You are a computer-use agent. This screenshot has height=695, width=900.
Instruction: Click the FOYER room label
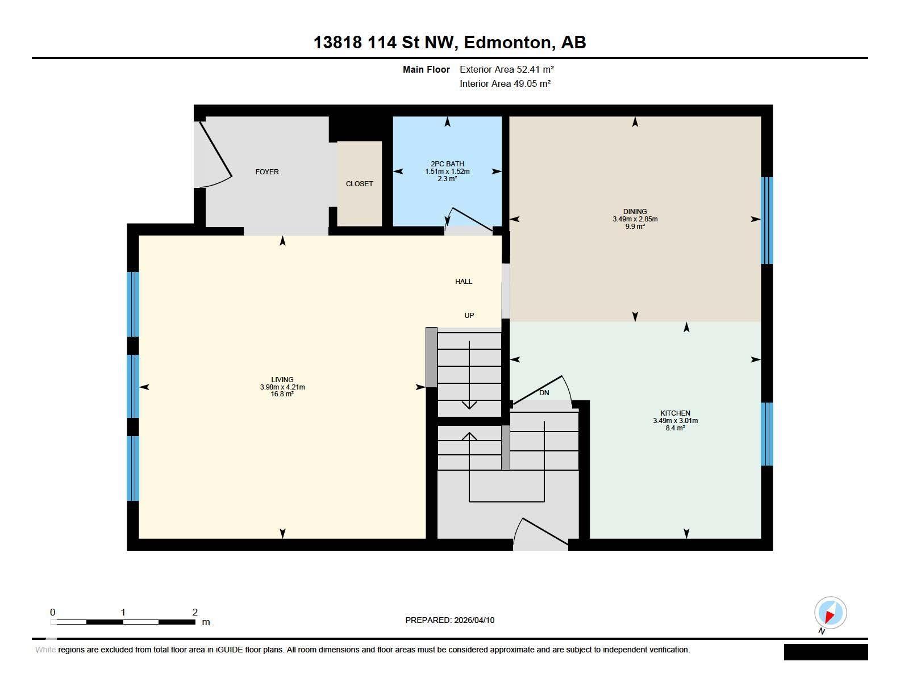266,172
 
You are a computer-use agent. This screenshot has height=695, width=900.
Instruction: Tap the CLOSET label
359,184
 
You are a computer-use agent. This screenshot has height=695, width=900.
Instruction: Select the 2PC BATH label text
447,164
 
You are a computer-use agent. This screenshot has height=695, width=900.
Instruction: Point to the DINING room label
635,212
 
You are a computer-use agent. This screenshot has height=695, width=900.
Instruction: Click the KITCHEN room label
674,413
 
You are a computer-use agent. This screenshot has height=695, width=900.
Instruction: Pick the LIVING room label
282,379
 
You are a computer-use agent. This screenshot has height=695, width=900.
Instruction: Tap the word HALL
464,282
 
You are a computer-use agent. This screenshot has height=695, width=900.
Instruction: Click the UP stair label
469,316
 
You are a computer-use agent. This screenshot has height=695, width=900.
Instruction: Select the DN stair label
544,393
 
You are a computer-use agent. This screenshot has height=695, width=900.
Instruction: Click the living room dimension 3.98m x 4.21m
282,387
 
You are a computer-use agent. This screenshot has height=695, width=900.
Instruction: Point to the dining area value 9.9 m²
635,227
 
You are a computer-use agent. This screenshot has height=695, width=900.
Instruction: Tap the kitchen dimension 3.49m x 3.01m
675,421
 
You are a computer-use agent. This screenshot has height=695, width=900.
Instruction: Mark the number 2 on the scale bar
195,612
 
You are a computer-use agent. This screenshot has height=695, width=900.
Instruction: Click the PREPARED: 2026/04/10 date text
449,620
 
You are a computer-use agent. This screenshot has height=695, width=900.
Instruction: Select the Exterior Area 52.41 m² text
507,69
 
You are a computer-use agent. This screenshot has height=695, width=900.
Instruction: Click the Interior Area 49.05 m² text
505,83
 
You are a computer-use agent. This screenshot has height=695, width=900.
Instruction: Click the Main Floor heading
426,69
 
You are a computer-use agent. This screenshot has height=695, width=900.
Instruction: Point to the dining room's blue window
766,221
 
